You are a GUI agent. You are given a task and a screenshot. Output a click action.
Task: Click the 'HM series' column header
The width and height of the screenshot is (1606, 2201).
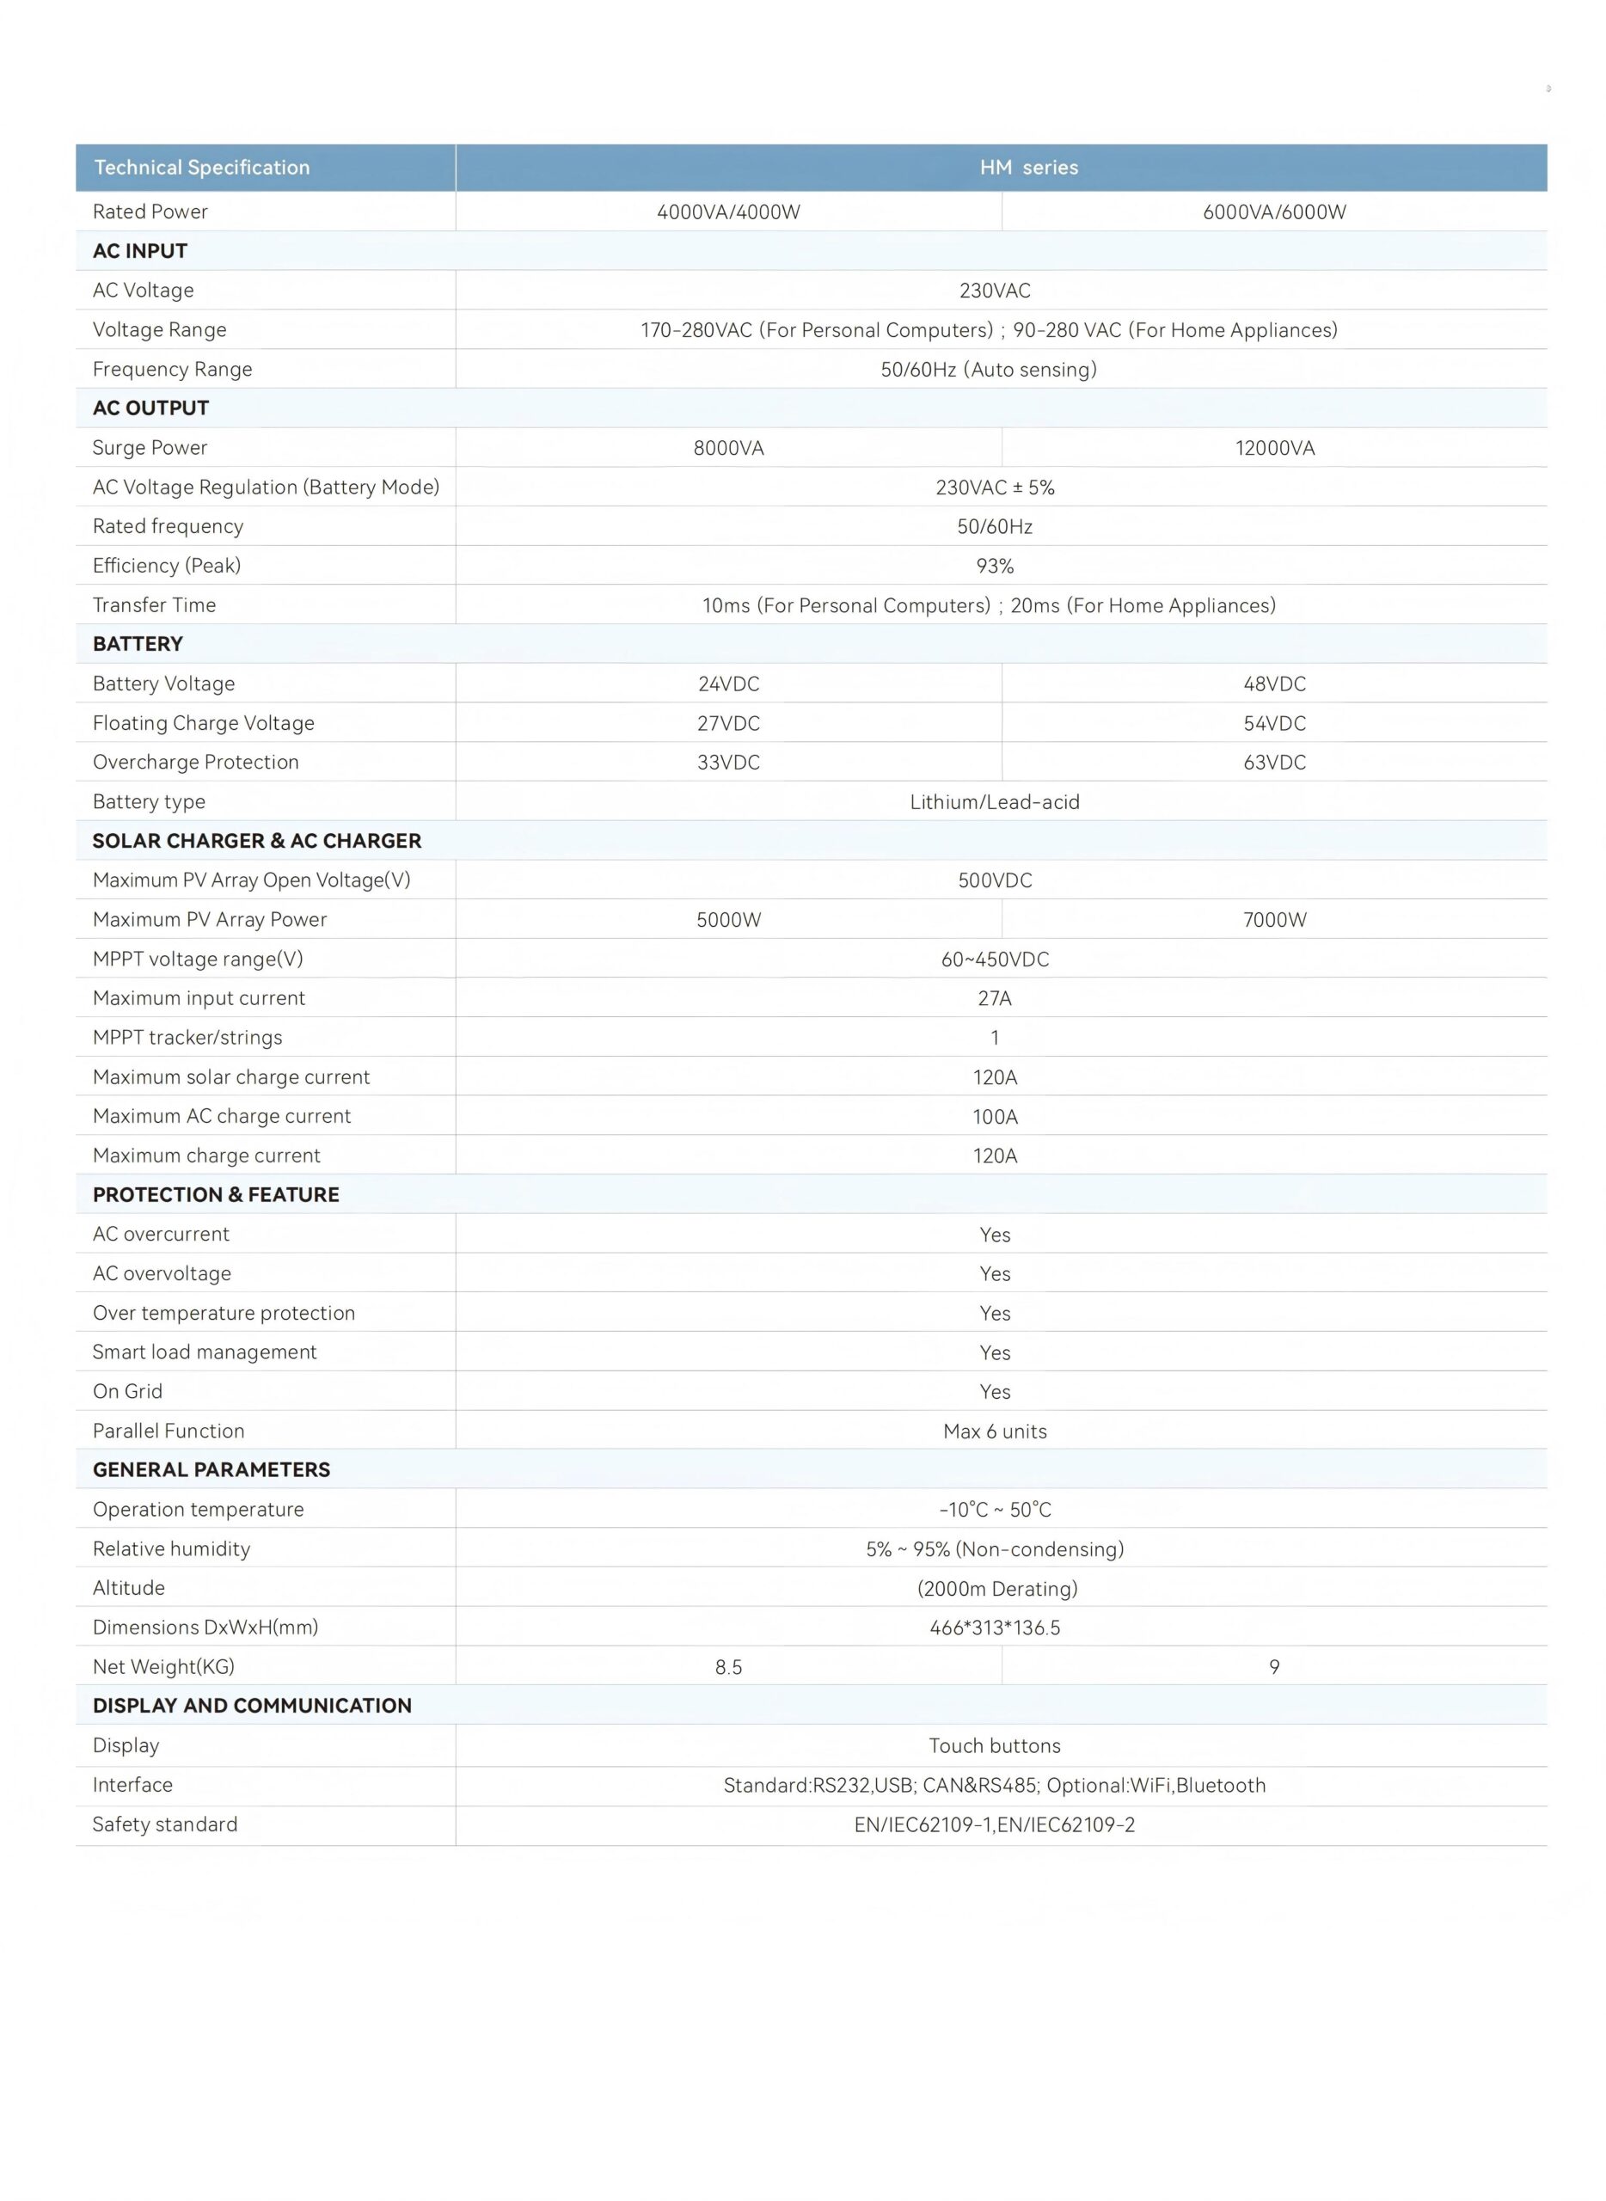point(1028,167)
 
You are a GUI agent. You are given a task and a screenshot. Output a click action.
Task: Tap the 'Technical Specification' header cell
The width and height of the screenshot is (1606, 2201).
point(202,167)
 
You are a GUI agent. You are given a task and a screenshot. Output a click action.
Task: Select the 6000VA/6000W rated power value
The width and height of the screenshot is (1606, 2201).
point(1273,212)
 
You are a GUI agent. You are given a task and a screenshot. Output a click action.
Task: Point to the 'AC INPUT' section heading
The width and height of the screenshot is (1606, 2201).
point(140,251)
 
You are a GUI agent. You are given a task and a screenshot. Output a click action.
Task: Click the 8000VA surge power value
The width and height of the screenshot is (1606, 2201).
point(728,448)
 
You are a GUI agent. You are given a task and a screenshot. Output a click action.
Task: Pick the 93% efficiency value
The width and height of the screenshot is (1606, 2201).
point(995,566)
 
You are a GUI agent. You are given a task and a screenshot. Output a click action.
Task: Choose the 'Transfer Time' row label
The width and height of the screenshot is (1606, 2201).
point(155,604)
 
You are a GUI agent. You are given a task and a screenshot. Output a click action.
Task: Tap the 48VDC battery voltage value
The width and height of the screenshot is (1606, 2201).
point(1273,684)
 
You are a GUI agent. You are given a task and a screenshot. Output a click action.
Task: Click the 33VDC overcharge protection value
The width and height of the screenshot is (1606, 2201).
point(728,763)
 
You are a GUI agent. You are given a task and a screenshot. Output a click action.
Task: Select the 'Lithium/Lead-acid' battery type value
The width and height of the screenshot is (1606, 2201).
point(995,802)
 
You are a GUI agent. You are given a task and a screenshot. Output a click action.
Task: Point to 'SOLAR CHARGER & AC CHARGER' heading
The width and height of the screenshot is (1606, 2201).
point(257,841)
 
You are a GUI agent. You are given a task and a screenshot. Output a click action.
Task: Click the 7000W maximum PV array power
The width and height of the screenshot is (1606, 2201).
point(1273,920)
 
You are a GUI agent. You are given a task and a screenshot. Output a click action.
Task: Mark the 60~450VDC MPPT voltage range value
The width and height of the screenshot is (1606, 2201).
point(995,959)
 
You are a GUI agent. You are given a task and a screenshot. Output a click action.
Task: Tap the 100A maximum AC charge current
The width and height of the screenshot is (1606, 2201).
point(995,1117)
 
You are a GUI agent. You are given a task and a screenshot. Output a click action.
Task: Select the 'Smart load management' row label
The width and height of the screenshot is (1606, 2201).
point(204,1352)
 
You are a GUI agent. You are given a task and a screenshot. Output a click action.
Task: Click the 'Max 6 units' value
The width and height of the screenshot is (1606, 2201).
point(995,1431)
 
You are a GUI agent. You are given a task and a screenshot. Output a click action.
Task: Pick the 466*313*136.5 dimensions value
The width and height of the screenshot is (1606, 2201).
point(995,1628)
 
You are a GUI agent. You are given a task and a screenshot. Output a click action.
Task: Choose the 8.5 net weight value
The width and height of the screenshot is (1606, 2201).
point(728,1667)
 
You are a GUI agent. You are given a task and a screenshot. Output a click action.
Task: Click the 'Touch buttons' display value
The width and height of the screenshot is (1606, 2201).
point(995,1746)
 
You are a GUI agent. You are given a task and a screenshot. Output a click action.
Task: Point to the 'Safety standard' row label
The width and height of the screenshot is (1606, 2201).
point(164,1824)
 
